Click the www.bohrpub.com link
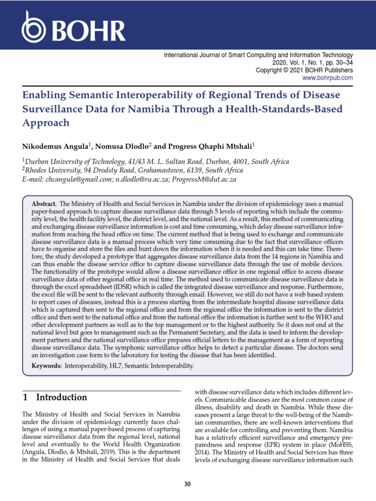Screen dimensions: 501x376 point(328,78)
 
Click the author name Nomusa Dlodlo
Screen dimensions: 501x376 point(117,146)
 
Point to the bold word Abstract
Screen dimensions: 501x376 point(44,203)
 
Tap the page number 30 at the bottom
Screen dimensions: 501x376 point(188,484)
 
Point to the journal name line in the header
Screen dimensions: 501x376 point(258,56)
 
